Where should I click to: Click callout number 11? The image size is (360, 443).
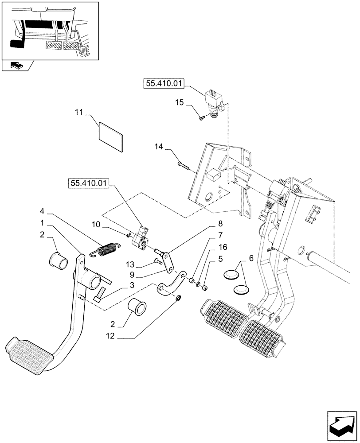point(78,113)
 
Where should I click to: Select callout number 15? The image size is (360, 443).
point(179,103)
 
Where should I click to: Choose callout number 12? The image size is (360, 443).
point(110,336)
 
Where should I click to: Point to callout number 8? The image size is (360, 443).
point(220,224)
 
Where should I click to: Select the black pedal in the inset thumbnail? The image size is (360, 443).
point(17,44)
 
